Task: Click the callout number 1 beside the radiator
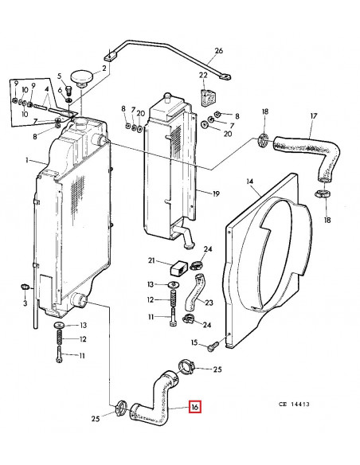26,162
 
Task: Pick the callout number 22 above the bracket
203,76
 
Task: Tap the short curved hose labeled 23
190,293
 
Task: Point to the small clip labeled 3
25,287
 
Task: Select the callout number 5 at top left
58,76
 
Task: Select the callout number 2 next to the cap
104,69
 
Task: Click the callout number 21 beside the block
151,260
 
